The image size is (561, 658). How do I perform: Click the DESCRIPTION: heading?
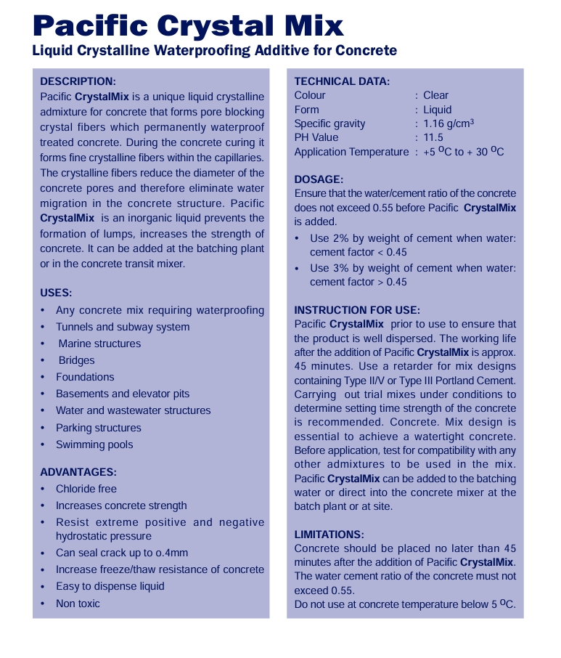tap(78, 81)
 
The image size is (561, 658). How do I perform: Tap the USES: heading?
tap(56, 293)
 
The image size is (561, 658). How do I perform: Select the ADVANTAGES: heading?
tap(78, 472)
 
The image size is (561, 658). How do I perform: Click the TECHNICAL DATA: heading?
tap(342, 81)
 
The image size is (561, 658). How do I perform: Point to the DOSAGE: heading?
tap(319, 179)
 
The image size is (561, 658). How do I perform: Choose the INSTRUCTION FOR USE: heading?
tap(356, 310)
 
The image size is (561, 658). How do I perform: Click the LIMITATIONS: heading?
tap(329, 535)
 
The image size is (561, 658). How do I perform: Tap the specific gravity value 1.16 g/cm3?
tap(449, 123)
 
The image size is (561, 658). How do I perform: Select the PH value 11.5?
tap(433, 137)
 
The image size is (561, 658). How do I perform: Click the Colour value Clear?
tap(436, 95)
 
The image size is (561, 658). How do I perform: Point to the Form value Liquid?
tap(437, 110)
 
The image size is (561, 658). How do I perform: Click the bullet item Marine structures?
tap(99, 344)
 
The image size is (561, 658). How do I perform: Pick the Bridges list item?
tap(76, 360)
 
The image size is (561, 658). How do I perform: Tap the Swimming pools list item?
tap(94, 444)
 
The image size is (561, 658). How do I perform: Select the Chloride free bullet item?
tap(86, 489)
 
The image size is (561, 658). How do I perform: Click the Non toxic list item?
tap(78, 604)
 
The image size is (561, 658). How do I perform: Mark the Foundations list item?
tap(85, 377)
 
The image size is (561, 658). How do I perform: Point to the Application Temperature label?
tap(351, 152)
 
